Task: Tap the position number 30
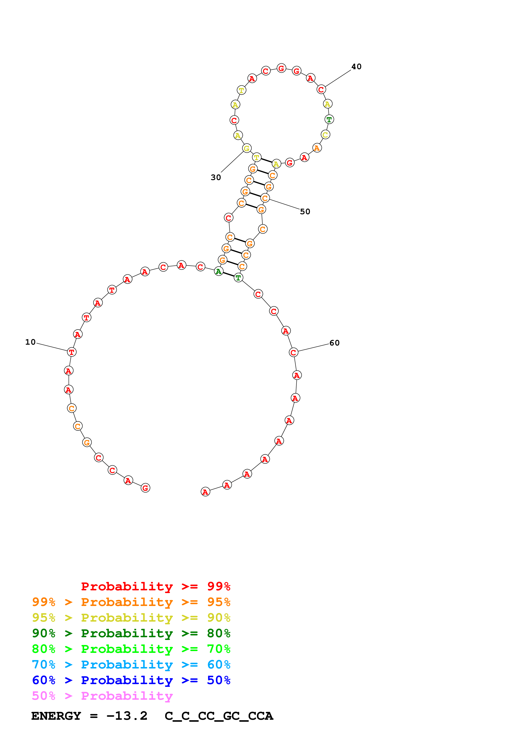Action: click(216, 177)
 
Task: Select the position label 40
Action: click(356, 66)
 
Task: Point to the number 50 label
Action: click(305, 212)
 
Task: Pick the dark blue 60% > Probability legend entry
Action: click(131, 680)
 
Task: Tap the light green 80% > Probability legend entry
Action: click(131, 649)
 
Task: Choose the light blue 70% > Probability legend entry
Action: click(131, 665)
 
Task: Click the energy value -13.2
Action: click(127, 716)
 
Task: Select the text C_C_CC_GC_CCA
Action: click(219, 716)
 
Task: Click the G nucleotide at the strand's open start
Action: click(145, 488)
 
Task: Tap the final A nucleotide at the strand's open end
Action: click(205, 492)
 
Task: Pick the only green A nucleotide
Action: click(219, 272)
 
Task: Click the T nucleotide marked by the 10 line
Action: click(72, 352)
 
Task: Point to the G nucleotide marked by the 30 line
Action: click(247, 148)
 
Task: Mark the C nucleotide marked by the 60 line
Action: click(293, 352)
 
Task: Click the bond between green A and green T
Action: click(228, 274)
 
